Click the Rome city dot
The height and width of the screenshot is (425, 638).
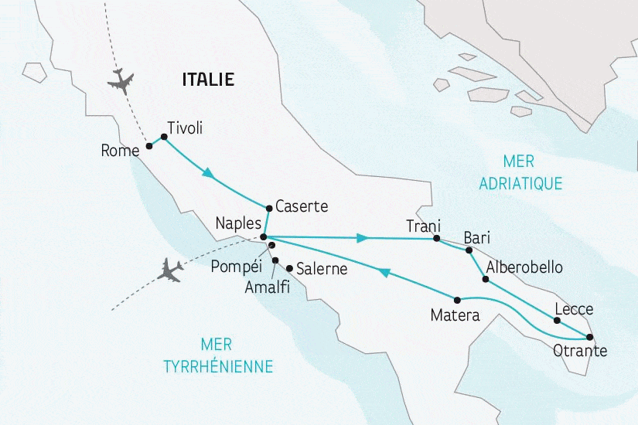pyautogui.click(x=149, y=145)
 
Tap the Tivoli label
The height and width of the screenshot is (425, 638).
pyautogui.click(x=185, y=129)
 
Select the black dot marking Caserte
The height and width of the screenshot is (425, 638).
pyautogui.click(x=268, y=208)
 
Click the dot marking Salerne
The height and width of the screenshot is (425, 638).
pyautogui.click(x=289, y=269)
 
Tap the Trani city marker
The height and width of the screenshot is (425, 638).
pyautogui.click(x=436, y=239)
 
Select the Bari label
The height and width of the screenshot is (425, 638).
pyautogui.click(x=476, y=237)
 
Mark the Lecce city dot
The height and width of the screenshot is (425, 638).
pyautogui.click(x=557, y=320)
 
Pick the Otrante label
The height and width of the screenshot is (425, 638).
pyautogui.click(x=580, y=352)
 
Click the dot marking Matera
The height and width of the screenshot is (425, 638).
pyautogui.click(x=457, y=300)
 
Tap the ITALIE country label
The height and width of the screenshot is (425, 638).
pyautogui.click(x=207, y=79)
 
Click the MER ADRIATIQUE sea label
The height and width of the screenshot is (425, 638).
pyautogui.click(x=520, y=172)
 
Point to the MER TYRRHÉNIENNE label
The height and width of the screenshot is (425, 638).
pyautogui.click(x=218, y=356)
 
